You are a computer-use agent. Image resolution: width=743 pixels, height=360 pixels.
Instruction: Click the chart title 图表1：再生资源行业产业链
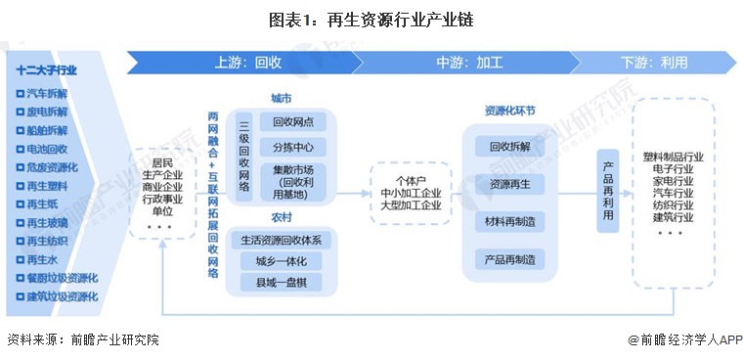point(371,19)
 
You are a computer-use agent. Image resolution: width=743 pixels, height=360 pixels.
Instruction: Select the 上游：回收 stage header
point(248,62)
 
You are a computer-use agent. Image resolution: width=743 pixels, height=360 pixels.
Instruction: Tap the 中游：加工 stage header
point(469,62)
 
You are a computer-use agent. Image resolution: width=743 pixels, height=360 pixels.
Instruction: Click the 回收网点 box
point(293,122)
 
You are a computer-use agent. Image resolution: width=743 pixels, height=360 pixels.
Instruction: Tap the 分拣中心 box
point(293,148)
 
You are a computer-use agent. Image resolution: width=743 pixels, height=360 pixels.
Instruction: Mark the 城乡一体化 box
point(281,261)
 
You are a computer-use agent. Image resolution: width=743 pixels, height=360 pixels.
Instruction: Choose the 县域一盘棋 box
point(281,283)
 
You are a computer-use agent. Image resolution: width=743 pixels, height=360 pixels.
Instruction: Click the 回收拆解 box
point(510,147)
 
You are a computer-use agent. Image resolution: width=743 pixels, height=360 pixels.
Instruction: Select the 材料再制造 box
point(510,222)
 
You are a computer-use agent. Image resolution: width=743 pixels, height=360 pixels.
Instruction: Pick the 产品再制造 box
point(510,259)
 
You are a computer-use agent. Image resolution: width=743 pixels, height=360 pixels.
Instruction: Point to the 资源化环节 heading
point(509,112)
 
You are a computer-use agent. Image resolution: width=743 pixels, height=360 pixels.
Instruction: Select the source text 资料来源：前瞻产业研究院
point(82,339)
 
